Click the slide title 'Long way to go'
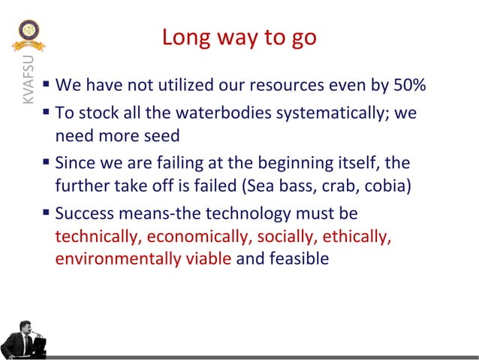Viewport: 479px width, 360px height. click(x=239, y=37)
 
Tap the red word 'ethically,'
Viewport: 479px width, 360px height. click(x=357, y=236)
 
